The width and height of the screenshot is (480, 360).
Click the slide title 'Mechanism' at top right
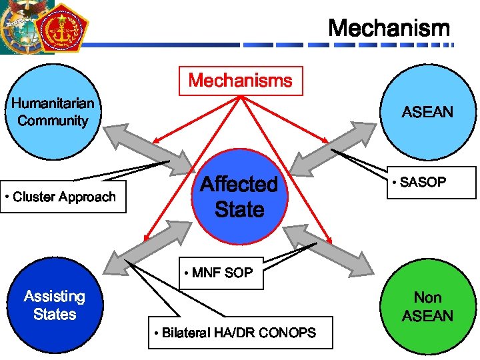tap(389, 29)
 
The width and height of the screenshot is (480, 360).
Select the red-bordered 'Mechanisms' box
tap(240, 81)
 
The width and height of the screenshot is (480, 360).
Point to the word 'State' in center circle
tap(239, 209)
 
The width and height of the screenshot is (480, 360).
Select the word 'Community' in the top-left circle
tap(53, 121)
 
